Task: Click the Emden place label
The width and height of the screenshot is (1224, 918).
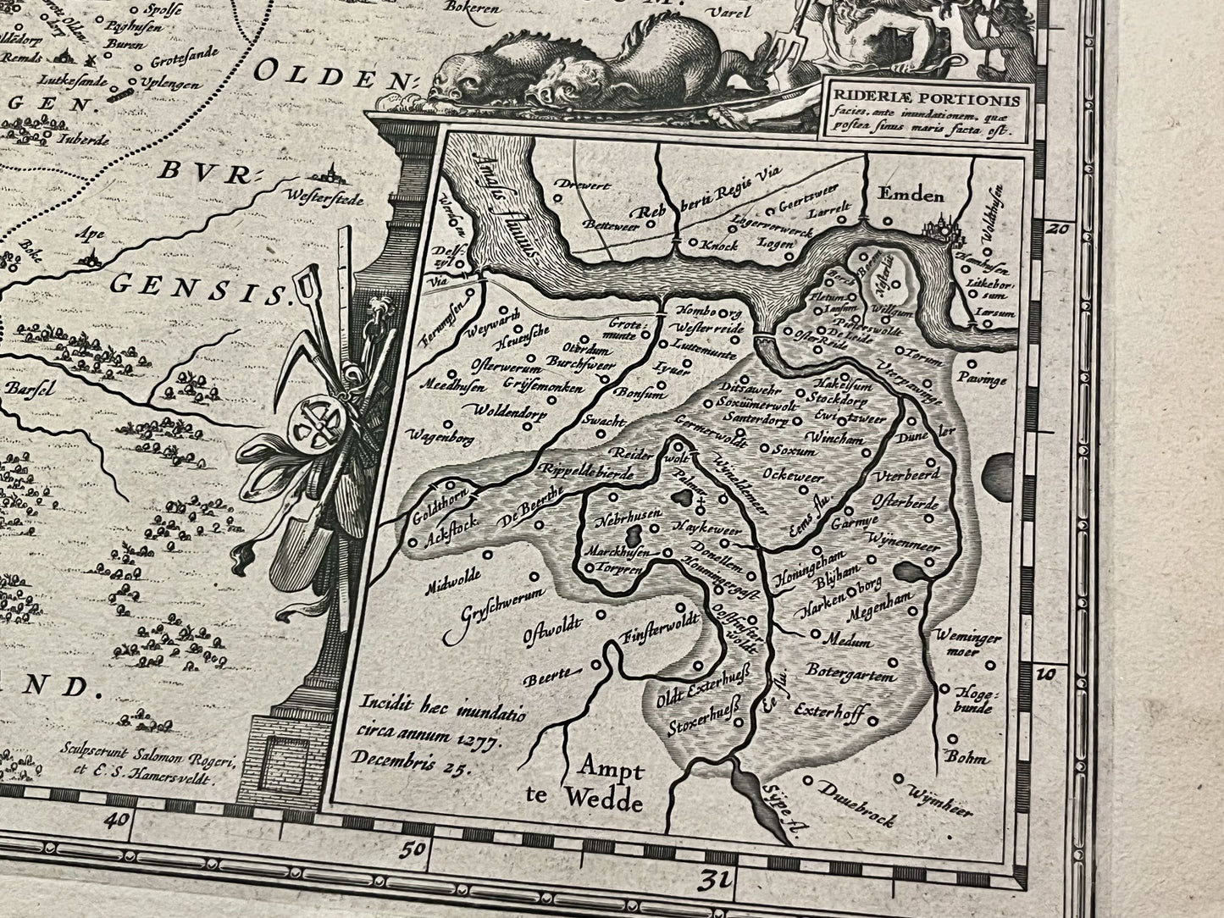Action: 911,196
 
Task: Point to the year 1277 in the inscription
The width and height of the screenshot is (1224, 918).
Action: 481,740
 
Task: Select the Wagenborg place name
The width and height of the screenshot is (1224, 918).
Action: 440,437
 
